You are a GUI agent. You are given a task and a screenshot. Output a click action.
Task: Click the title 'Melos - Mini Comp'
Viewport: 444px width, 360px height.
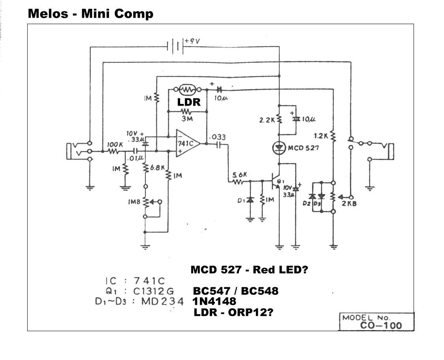point(90,14)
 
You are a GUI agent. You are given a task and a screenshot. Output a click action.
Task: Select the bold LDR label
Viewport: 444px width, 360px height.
point(189,102)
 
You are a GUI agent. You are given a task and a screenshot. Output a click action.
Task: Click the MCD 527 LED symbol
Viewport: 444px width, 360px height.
point(279,148)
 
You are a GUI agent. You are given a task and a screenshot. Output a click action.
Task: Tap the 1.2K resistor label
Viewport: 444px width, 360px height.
point(321,136)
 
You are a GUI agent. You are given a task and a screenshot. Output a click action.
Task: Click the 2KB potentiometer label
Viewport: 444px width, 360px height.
point(349,204)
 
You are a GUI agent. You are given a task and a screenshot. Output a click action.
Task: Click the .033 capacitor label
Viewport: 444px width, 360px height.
point(218,137)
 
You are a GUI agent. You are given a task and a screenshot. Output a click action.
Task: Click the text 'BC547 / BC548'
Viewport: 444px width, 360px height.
point(235,291)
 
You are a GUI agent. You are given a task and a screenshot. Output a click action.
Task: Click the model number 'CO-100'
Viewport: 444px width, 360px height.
point(381,326)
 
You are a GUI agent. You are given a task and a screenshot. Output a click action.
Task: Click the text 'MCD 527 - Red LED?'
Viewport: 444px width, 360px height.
point(249,270)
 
